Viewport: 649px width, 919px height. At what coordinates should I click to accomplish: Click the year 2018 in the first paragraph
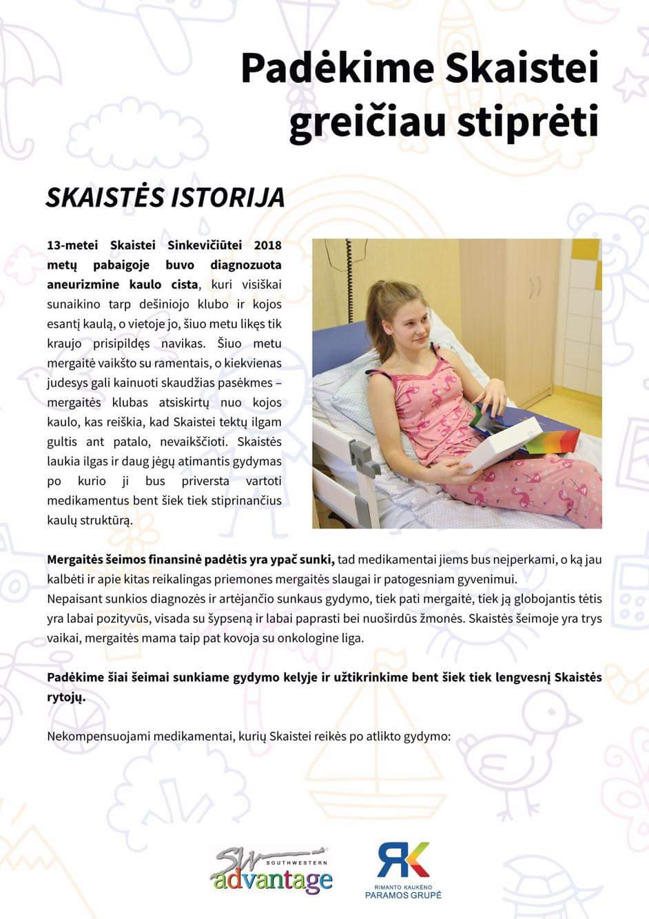[267, 245]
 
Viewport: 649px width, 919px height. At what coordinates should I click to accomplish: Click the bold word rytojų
[66, 696]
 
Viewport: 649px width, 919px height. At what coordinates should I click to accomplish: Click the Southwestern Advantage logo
[271, 870]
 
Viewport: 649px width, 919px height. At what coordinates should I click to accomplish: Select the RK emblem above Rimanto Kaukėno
[403, 860]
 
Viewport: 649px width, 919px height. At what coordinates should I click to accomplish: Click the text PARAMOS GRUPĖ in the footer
[403, 895]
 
